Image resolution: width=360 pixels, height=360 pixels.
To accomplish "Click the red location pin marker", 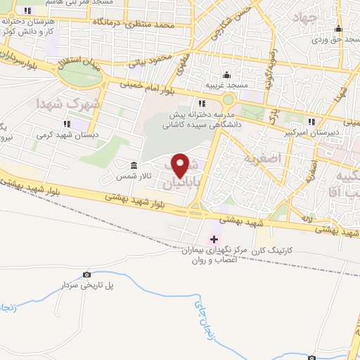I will [x=181, y=165].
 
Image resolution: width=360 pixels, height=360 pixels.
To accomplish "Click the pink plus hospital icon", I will [x=214, y=239].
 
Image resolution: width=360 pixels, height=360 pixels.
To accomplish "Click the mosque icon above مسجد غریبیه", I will [x=226, y=75].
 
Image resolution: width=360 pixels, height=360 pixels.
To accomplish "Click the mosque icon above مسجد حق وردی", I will [x=338, y=30].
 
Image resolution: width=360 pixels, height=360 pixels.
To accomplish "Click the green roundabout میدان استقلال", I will [x=79, y=76].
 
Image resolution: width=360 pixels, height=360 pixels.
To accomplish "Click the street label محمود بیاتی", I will [x=147, y=59].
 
